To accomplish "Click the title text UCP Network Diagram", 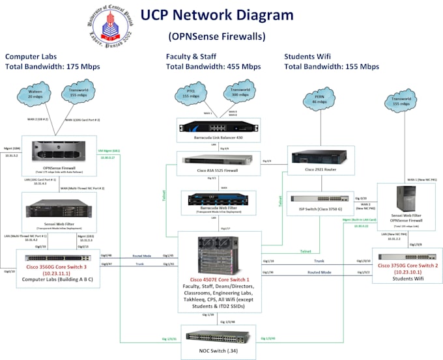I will (x=217, y=15).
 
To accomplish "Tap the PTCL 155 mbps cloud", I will (x=190, y=95).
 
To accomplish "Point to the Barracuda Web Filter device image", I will (x=214, y=198).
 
